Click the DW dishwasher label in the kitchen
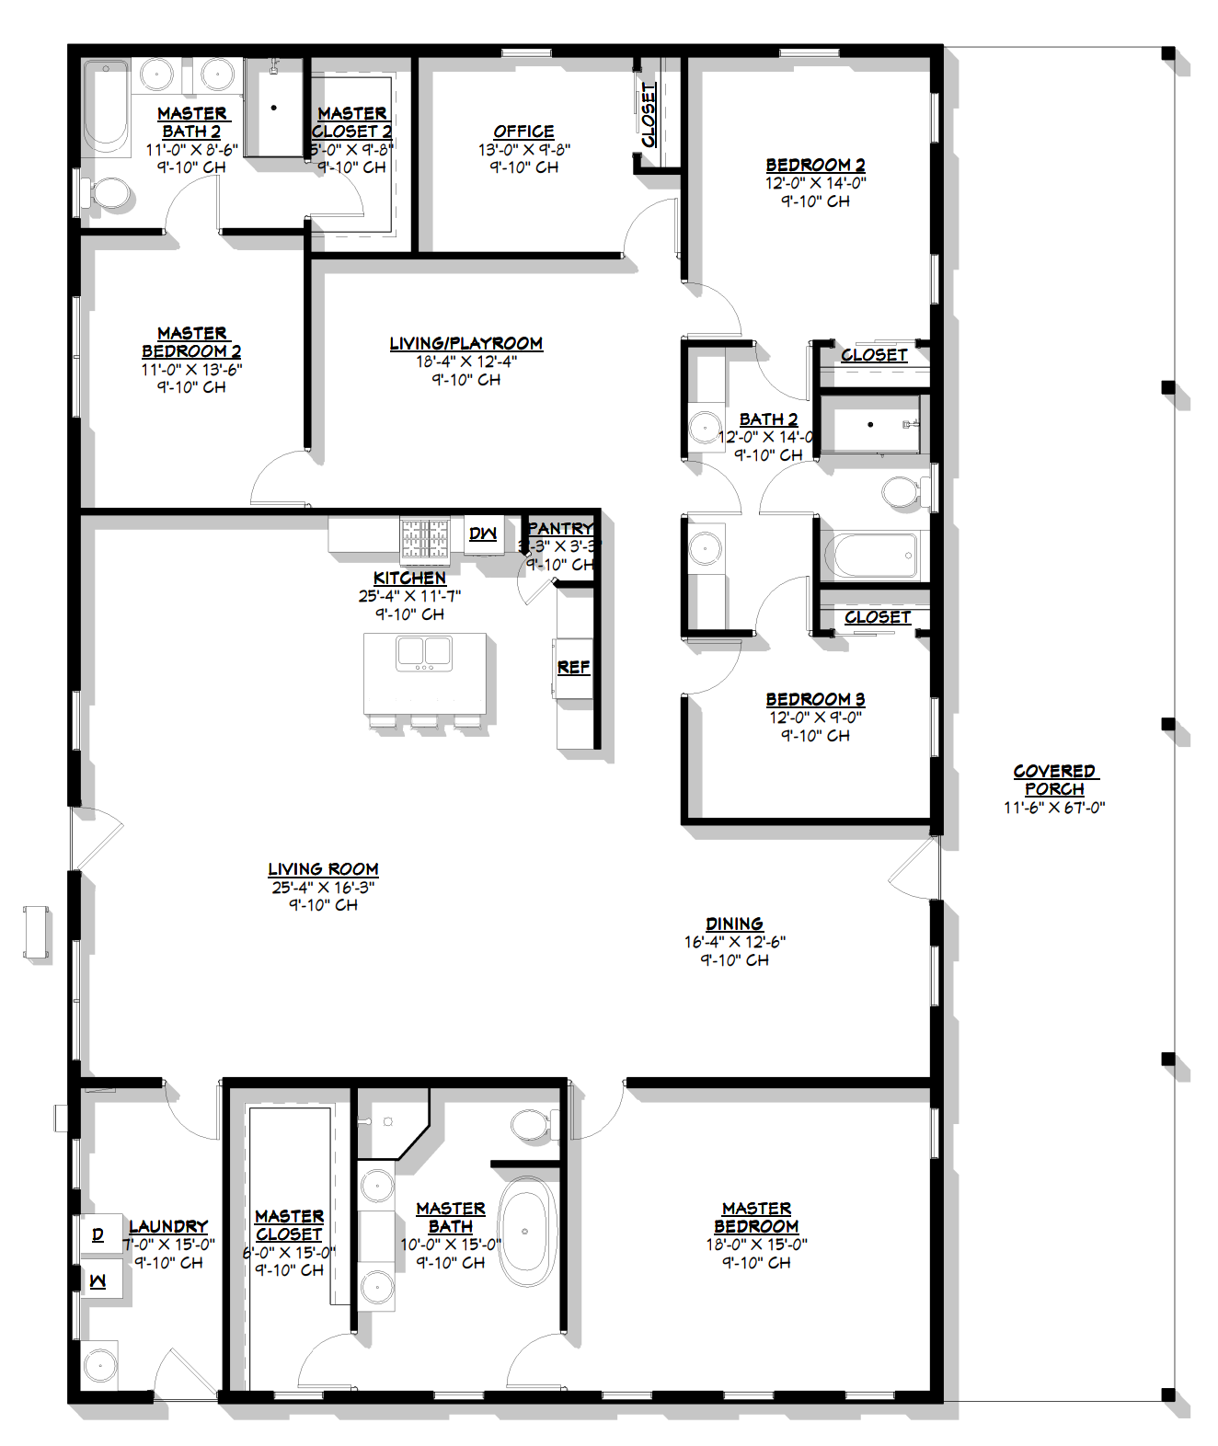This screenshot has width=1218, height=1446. click(x=483, y=534)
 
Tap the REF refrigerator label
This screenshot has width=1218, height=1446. click(x=573, y=667)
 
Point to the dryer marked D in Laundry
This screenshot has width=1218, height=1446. click(x=98, y=1234)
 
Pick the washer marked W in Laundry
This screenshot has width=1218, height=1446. click(x=98, y=1280)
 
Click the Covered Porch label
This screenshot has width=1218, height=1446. click(x=1054, y=780)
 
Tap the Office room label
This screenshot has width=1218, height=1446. click(x=523, y=132)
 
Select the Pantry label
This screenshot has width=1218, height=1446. click(x=559, y=529)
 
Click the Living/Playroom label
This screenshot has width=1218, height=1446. click(x=465, y=343)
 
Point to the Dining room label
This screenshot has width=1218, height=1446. click(x=734, y=924)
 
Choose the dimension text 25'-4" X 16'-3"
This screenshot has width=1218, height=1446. click(x=323, y=888)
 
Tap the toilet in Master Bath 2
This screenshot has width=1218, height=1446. click(x=110, y=193)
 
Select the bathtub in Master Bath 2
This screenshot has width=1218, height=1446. click(x=107, y=108)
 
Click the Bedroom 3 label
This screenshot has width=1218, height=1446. click(x=815, y=699)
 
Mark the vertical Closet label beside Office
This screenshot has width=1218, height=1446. click(x=649, y=115)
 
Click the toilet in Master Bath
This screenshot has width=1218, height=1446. click(x=529, y=1124)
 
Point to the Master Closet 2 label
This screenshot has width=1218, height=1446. click(x=352, y=122)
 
